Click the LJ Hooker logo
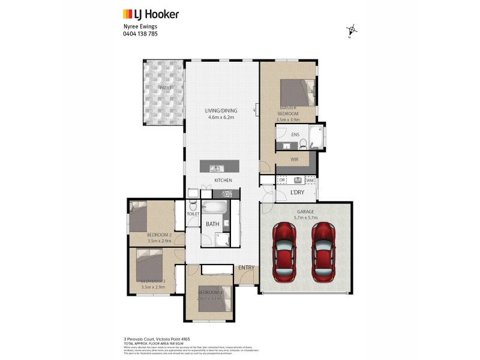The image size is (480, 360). (151, 14)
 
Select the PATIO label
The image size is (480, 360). (165, 88)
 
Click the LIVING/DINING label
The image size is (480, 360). (221, 110)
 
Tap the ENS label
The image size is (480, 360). (295, 135)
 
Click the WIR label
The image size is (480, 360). (295, 160)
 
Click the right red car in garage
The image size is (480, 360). (323, 251)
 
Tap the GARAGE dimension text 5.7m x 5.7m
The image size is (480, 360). (305, 218)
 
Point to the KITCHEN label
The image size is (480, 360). (223, 180)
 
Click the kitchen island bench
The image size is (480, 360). (219, 166)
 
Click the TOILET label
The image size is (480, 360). (193, 214)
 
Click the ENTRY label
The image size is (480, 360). (246, 268)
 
